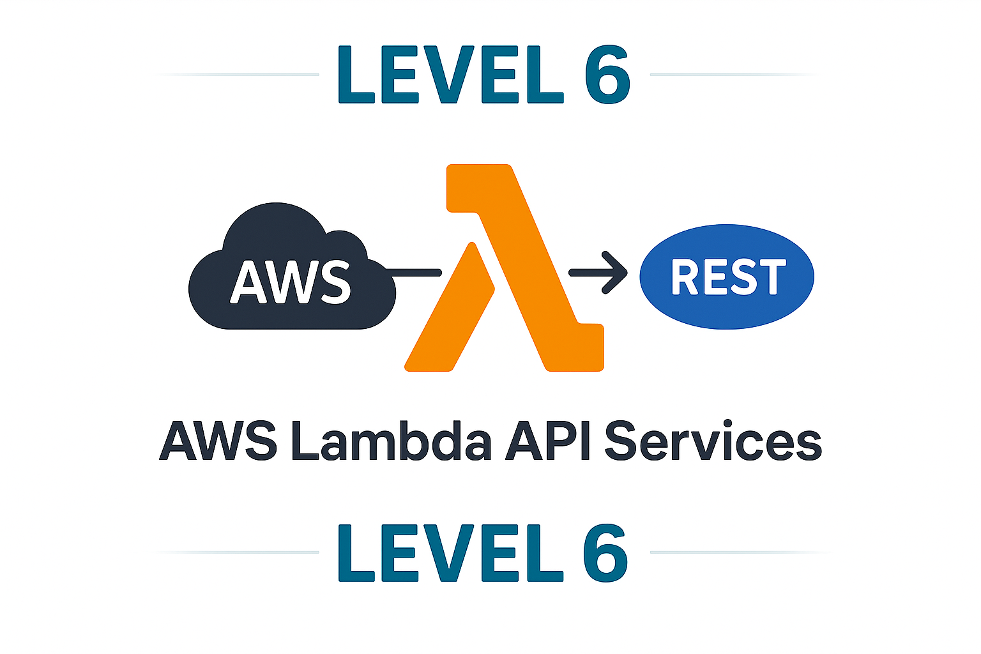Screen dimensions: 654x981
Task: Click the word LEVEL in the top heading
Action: (451, 75)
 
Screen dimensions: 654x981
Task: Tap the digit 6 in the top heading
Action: (607, 75)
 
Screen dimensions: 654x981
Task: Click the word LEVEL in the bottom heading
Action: (451, 553)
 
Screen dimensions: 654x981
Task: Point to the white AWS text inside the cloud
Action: (291, 282)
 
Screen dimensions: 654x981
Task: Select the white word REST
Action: (728, 277)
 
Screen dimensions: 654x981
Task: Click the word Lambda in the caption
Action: (392, 441)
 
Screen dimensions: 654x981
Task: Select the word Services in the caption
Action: (712, 441)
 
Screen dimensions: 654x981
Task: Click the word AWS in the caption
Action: (218, 441)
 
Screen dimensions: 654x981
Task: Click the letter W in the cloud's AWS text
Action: (291, 282)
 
